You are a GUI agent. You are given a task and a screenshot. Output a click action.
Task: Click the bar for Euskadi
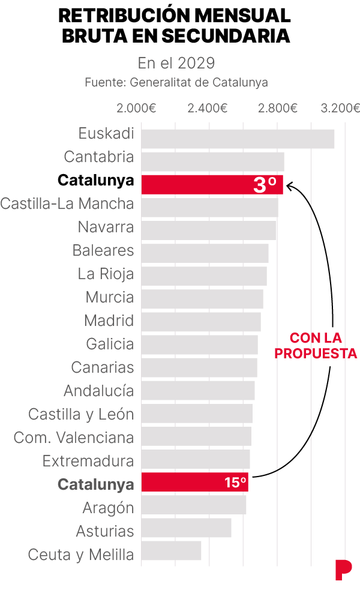pos(238,139)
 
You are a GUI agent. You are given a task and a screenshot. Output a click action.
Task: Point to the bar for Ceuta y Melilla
pos(171,551)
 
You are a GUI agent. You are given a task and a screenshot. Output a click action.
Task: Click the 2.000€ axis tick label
pos(136,108)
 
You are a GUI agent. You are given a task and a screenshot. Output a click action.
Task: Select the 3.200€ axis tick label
pos(340,108)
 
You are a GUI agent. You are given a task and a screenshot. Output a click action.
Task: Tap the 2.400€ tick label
pos(207,108)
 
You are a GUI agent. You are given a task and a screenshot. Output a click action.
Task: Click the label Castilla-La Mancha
pos(67,204)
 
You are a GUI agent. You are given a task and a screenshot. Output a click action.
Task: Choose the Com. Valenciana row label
pos(74,438)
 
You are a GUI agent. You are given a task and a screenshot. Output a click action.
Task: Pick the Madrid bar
pos(201,322)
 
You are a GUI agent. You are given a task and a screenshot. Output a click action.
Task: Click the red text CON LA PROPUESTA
pos(316,346)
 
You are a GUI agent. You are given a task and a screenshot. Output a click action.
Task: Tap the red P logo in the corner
pos(343,570)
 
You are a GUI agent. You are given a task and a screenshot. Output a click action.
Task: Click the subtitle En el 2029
pos(176,63)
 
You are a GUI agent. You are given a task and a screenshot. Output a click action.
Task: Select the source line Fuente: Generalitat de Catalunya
pos(176,82)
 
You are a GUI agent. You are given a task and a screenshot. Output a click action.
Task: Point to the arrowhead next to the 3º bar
pos(289,186)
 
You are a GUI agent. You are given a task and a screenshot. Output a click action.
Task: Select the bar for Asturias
pos(186,528)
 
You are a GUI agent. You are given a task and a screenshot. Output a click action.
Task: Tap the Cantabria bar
pos(212,161)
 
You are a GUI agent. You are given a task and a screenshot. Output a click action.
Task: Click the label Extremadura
pos(88,461)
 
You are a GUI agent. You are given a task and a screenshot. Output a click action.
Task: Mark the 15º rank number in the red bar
pos(235,483)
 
